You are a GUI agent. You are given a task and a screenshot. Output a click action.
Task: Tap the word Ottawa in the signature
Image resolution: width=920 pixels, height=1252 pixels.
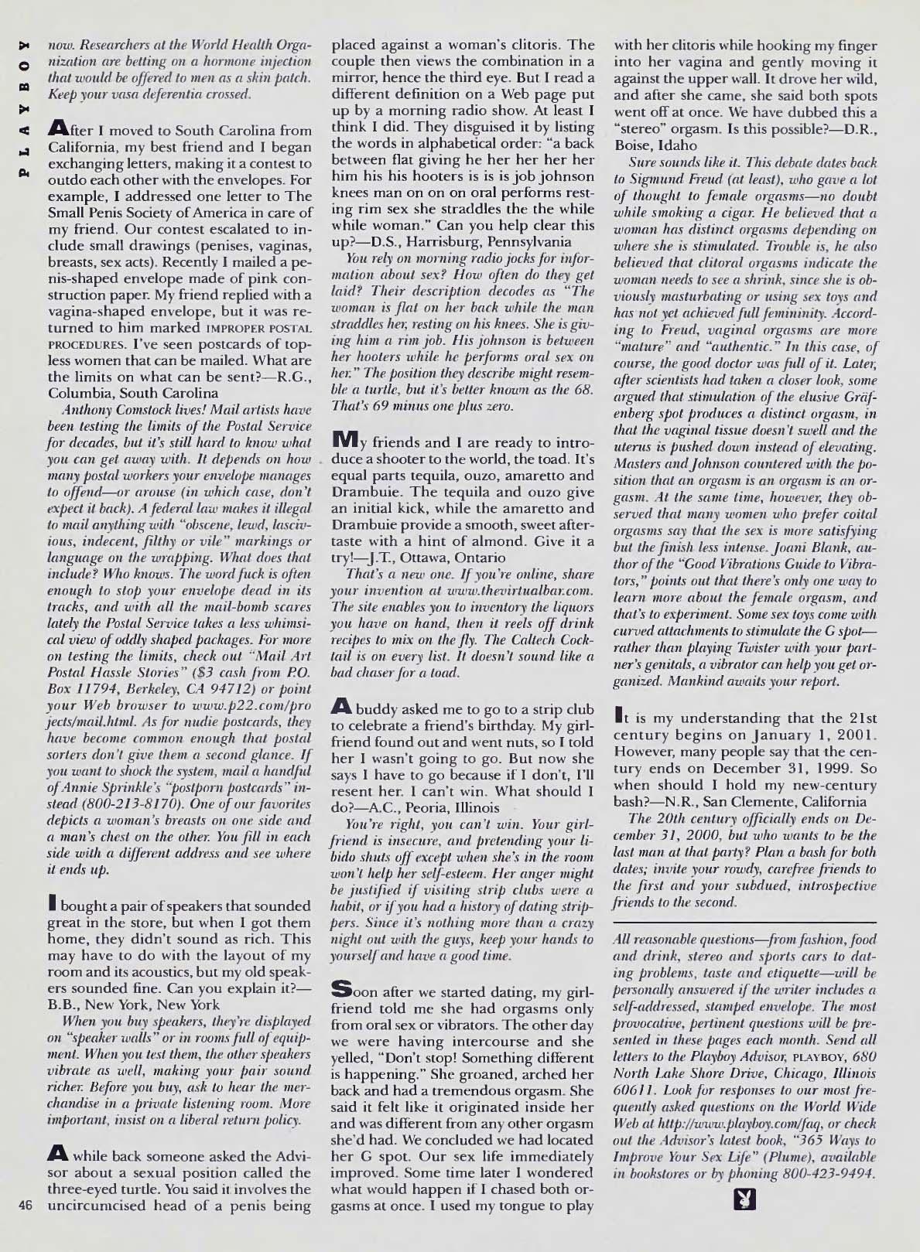point(436,558)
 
